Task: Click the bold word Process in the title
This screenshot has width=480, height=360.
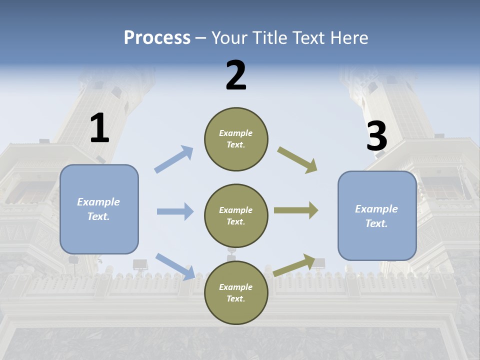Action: [157, 37]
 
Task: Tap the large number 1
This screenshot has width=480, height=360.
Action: [99, 128]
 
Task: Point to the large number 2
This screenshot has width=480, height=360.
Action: [236, 75]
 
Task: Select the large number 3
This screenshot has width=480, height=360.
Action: [376, 136]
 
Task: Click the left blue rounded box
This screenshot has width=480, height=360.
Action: [99, 209]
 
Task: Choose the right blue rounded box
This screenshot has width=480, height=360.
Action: [377, 216]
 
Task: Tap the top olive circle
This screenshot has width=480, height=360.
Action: [236, 139]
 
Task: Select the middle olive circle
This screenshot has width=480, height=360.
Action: [236, 216]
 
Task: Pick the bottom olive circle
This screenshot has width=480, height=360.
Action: [236, 293]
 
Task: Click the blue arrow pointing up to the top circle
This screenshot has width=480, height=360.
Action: [174, 159]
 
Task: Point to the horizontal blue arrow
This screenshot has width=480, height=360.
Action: [175, 211]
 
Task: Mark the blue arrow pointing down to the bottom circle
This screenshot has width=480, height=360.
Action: [175, 266]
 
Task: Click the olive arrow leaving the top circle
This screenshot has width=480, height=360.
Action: [297, 160]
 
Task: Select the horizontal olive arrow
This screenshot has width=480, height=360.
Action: [296, 210]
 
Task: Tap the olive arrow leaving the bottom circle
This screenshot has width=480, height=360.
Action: [295, 265]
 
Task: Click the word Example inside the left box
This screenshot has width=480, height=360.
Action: [98, 202]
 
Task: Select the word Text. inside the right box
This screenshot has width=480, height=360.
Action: [376, 223]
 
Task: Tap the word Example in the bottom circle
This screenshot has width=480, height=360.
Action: [236, 287]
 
